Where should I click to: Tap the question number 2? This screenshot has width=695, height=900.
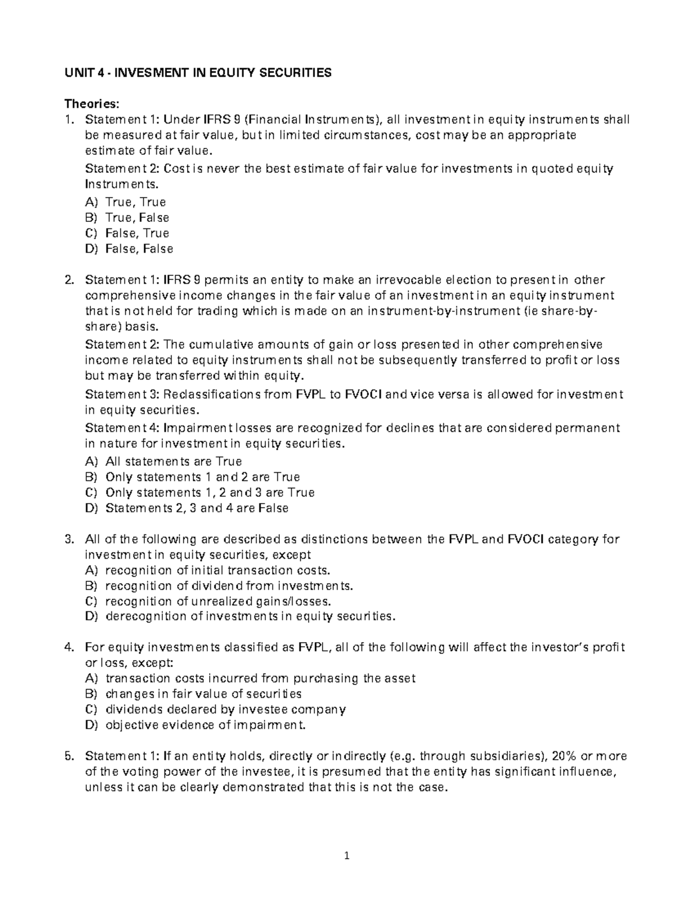(x=69, y=280)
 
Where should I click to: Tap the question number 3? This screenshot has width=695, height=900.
(x=69, y=540)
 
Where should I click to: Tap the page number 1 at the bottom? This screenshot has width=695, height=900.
(x=348, y=857)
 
